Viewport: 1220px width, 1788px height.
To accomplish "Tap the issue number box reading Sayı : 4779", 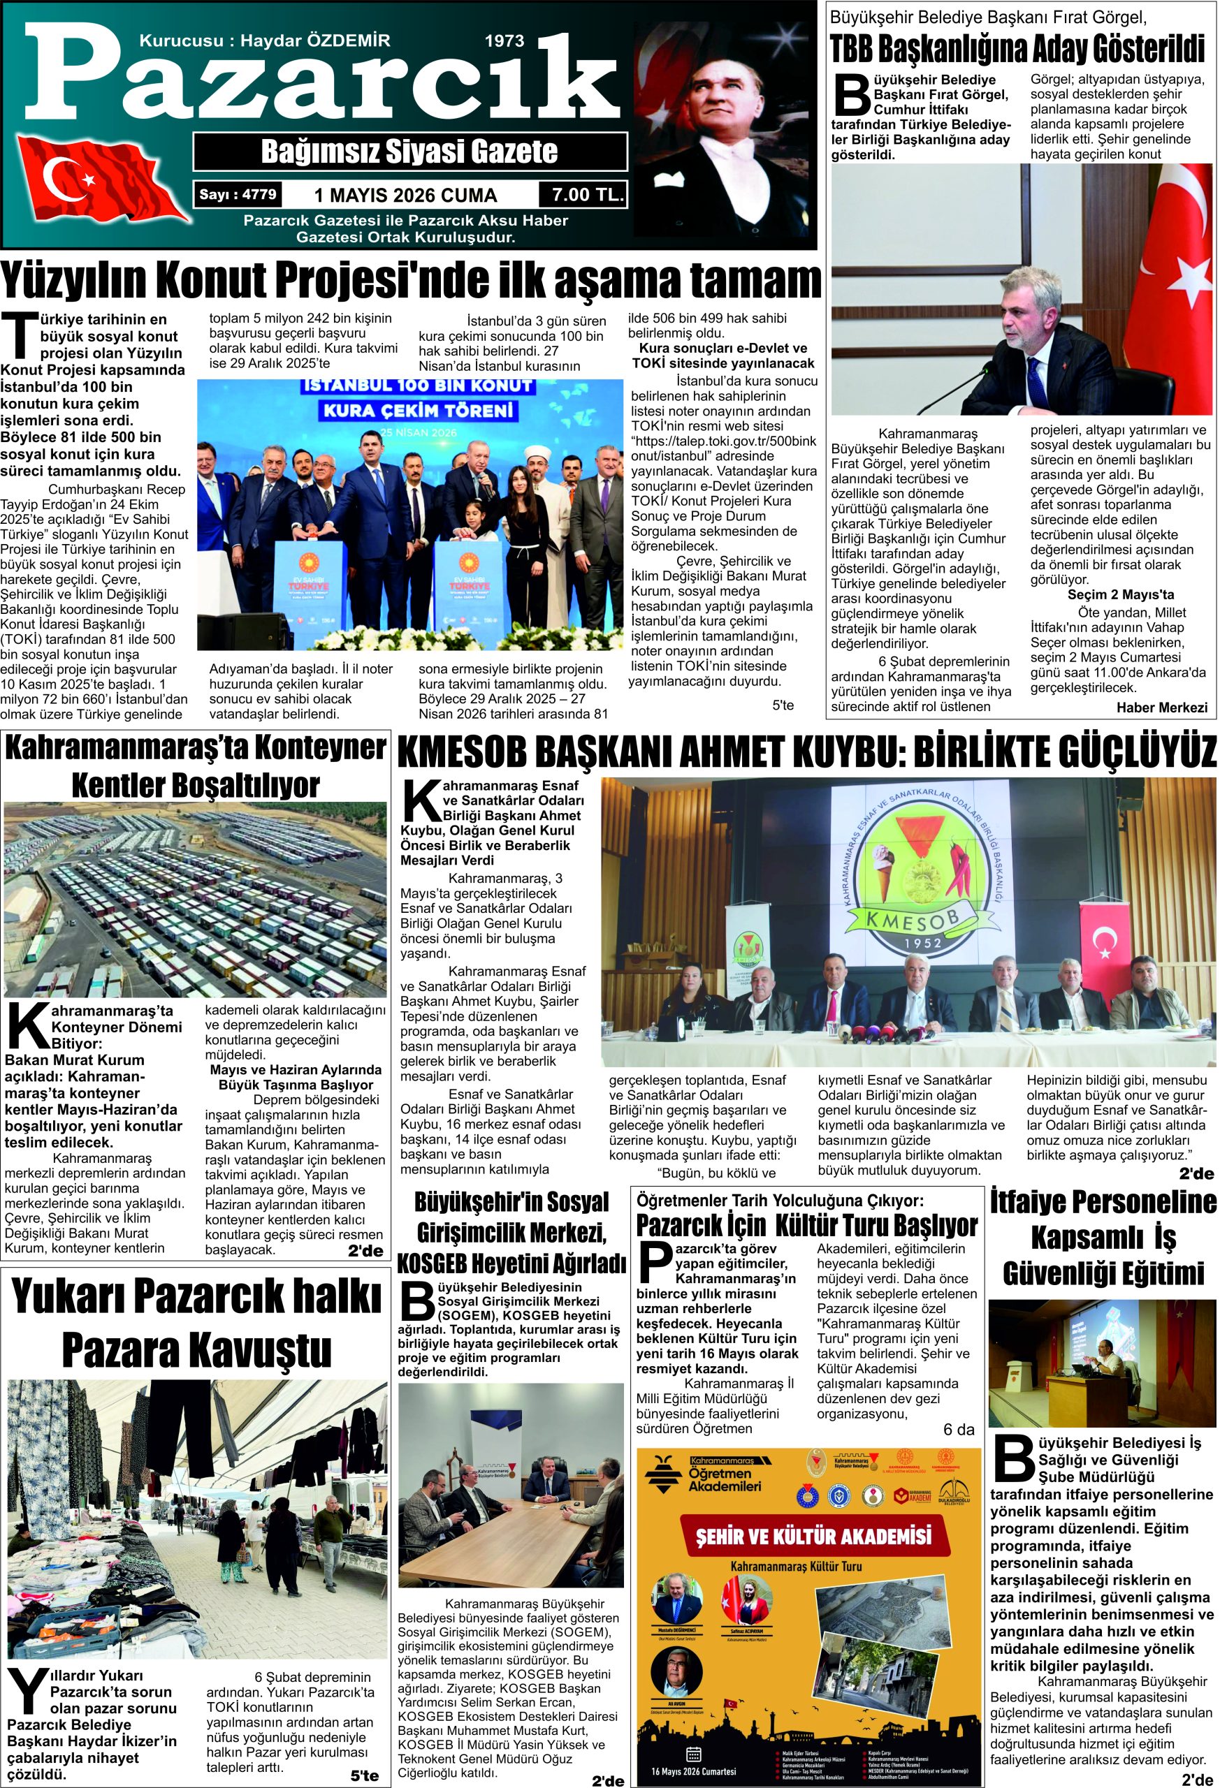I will click(x=237, y=195).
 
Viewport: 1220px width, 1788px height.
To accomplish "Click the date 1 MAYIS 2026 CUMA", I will click(x=406, y=196).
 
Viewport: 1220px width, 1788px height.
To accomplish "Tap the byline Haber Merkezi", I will click(x=1161, y=707).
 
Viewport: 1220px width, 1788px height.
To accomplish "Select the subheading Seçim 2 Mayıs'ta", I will click(x=1120, y=594).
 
